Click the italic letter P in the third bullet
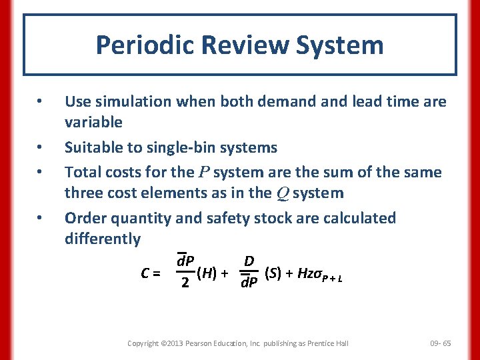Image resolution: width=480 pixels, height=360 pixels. pyautogui.click(x=205, y=173)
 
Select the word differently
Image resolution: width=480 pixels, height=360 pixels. pyautogui.click(x=103, y=239)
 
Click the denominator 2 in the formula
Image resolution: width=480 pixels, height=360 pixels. pyautogui.click(x=185, y=283)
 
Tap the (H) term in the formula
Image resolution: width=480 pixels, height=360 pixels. pyautogui.click(x=207, y=273)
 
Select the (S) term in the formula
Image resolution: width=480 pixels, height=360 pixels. pyautogui.click(x=272, y=273)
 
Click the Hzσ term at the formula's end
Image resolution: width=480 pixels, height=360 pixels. pyautogui.click(x=310, y=273)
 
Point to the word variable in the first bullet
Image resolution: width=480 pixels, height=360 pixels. pyautogui.click(x=93, y=122)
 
